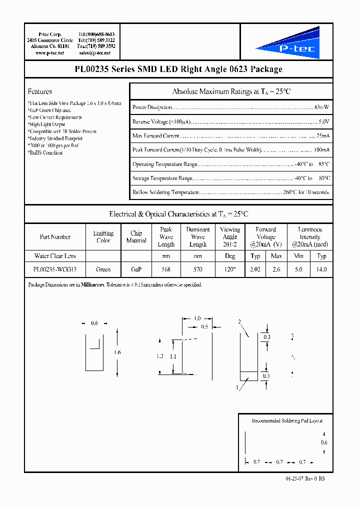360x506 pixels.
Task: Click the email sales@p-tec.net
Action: click(x=97, y=52)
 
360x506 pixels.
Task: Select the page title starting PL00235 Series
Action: click(x=178, y=69)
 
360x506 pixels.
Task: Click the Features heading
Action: click(x=40, y=91)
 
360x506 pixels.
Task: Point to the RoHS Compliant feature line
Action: click(x=45, y=153)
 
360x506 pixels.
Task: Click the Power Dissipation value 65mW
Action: click(x=322, y=107)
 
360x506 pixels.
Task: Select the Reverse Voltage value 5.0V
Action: click(x=324, y=121)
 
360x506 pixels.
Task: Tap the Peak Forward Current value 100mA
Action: click(x=321, y=150)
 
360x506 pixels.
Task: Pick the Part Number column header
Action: click(x=55, y=237)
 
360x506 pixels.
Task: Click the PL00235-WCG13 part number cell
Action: click(x=55, y=269)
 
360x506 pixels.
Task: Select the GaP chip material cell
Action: click(x=136, y=269)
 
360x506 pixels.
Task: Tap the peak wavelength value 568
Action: click(x=166, y=269)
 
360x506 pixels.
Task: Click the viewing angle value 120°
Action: click(x=230, y=269)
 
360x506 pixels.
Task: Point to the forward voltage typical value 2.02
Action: click(x=255, y=269)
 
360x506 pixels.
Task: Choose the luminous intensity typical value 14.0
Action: click(x=321, y=269)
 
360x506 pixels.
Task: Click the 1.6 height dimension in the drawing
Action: click(x=117, y=352)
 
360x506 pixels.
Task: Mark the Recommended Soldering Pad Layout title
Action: click(x=283, y=421)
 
